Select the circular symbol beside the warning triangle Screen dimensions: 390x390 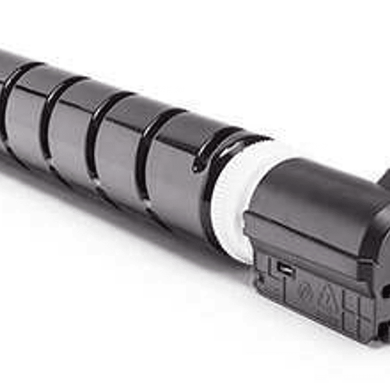click(305, 289)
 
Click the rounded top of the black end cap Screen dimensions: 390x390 click(320, 179)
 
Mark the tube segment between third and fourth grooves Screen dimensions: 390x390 click(119, 152)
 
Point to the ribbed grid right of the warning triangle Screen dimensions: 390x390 click(353, 309)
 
